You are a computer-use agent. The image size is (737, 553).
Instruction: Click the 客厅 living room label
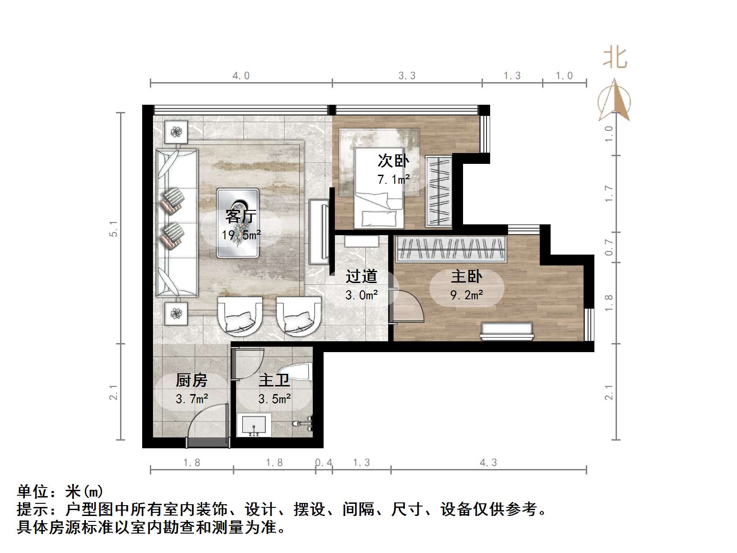pos(241,216)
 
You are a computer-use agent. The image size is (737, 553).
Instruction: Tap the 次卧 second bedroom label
pos(393,161)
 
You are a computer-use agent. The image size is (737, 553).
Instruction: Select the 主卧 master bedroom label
pos(467,276)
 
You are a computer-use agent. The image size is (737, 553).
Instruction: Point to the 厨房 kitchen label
pos(192,381)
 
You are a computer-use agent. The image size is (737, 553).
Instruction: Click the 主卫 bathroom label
pos(274,381)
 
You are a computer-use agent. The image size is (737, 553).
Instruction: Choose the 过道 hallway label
pos(361,276)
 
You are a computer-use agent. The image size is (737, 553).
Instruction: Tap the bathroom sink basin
pos(254,425)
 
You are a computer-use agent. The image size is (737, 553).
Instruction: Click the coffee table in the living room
pos(238,223)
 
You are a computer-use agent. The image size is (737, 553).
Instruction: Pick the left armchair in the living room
pos(240,316)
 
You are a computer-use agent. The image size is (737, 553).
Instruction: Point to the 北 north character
pos(615,58)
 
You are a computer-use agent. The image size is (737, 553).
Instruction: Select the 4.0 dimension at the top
pos(241,75)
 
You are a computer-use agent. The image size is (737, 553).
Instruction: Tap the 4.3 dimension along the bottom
pos(488,462)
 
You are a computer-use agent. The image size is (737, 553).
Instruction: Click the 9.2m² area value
pos(467,295)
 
